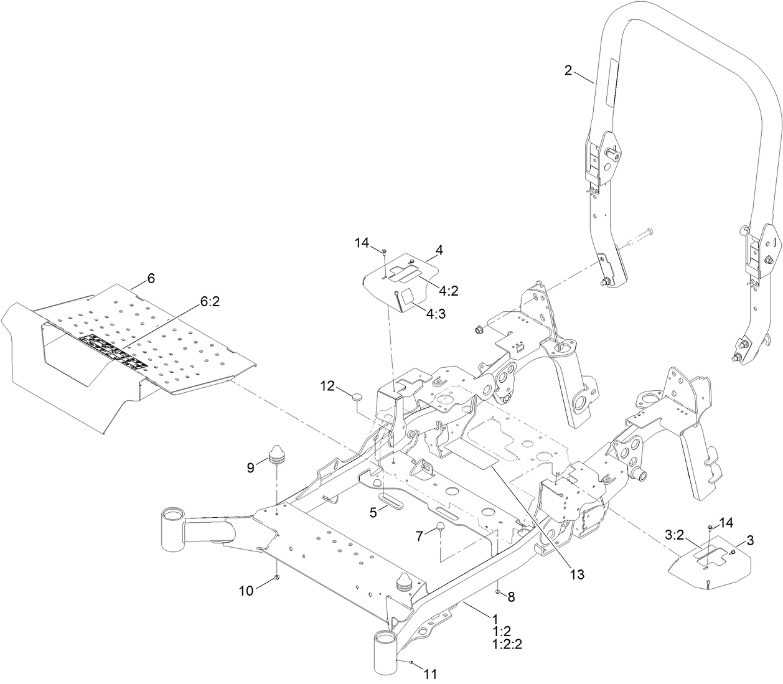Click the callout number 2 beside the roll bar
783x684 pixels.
[568, 70]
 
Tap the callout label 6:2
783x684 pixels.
[210, 301]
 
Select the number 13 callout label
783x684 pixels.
[578, 574]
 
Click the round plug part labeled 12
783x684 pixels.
[359, 395]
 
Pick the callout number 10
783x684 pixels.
[247, 590]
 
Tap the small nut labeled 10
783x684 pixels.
[276, 579]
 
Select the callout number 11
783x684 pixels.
[431, 673]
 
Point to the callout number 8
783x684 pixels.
[511, 597]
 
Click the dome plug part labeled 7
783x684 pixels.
[439, 527]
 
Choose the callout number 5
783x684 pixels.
[373, 513]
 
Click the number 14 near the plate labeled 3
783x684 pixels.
[726, 522]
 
